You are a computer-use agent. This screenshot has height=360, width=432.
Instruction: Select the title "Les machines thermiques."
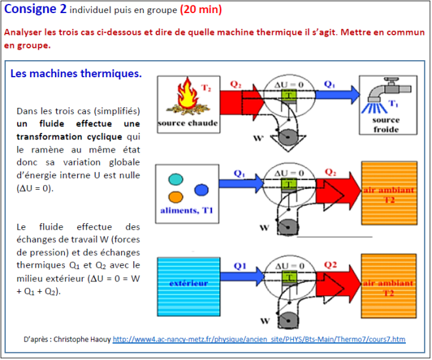(x=76, y=73)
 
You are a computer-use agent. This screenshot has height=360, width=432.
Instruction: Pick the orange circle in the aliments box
(x=175, y=197)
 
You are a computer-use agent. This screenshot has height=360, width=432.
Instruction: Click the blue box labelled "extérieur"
(x=189, y=284)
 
